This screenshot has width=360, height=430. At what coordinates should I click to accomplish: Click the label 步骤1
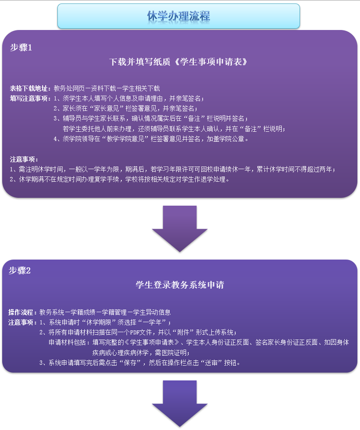click(21, 48)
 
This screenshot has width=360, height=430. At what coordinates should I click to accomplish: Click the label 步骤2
click(20, 270)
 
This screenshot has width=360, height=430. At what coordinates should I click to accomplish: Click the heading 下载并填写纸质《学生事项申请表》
click(178, 62)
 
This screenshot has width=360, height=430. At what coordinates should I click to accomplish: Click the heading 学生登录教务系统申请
click(180, 285)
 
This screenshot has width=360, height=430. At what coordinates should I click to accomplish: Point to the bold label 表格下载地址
click(30, 88)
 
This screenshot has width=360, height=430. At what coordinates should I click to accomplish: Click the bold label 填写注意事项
click(30, 98)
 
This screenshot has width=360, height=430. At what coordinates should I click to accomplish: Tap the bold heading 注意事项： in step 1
click(24, 160)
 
